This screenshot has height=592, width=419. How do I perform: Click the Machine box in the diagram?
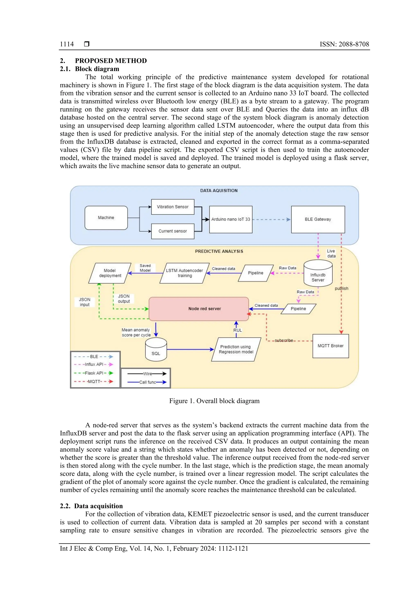click(x=106, y=218)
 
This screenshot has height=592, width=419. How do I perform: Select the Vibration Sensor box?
click(x=172, y=207)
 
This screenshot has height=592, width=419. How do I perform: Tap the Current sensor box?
click(x=172, y=231)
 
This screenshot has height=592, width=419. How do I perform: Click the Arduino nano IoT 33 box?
click(x=231, y=219)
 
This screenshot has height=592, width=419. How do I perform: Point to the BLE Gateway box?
click(x=318, y=219)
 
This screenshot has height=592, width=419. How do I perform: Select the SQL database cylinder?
click(x=156, y=350)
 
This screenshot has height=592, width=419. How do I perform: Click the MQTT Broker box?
click(x=330, y=346)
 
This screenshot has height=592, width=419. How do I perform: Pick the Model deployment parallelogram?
click(x=110, y=273)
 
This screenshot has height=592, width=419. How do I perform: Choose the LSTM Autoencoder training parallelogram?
click(x=185, y=273)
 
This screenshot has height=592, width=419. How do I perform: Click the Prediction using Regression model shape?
click(x=236, y=349)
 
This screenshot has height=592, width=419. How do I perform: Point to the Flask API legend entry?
click(x=94, y=373)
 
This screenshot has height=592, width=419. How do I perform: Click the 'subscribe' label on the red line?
click(x=284, y=340)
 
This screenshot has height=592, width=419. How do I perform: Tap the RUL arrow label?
click(x=238, y=330)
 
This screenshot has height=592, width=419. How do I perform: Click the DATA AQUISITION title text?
click(x=219, y=190)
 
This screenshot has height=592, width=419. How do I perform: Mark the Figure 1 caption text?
click(x=214, y=401)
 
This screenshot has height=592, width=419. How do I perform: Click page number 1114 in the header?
click(x=67, y=44)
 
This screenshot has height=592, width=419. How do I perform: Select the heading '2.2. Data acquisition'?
click(x=91, y=506)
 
